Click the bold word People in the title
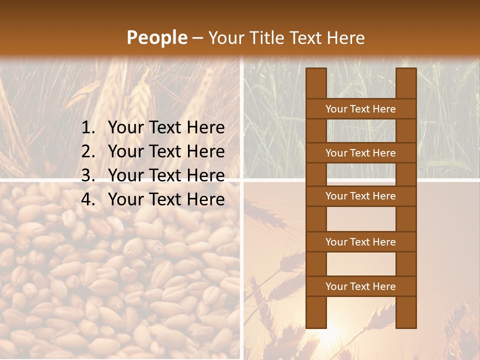[x=156, y=37]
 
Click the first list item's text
[x=166, y=128]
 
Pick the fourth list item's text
[x=166, y=199]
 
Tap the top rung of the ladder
[x=360, y=109]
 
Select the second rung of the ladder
[x=360, y=153]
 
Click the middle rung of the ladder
[x=360, y=196]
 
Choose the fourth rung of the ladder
[x=360, y=242]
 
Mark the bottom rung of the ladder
[x=360, y=286]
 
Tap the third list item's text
[x=166, y=175]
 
